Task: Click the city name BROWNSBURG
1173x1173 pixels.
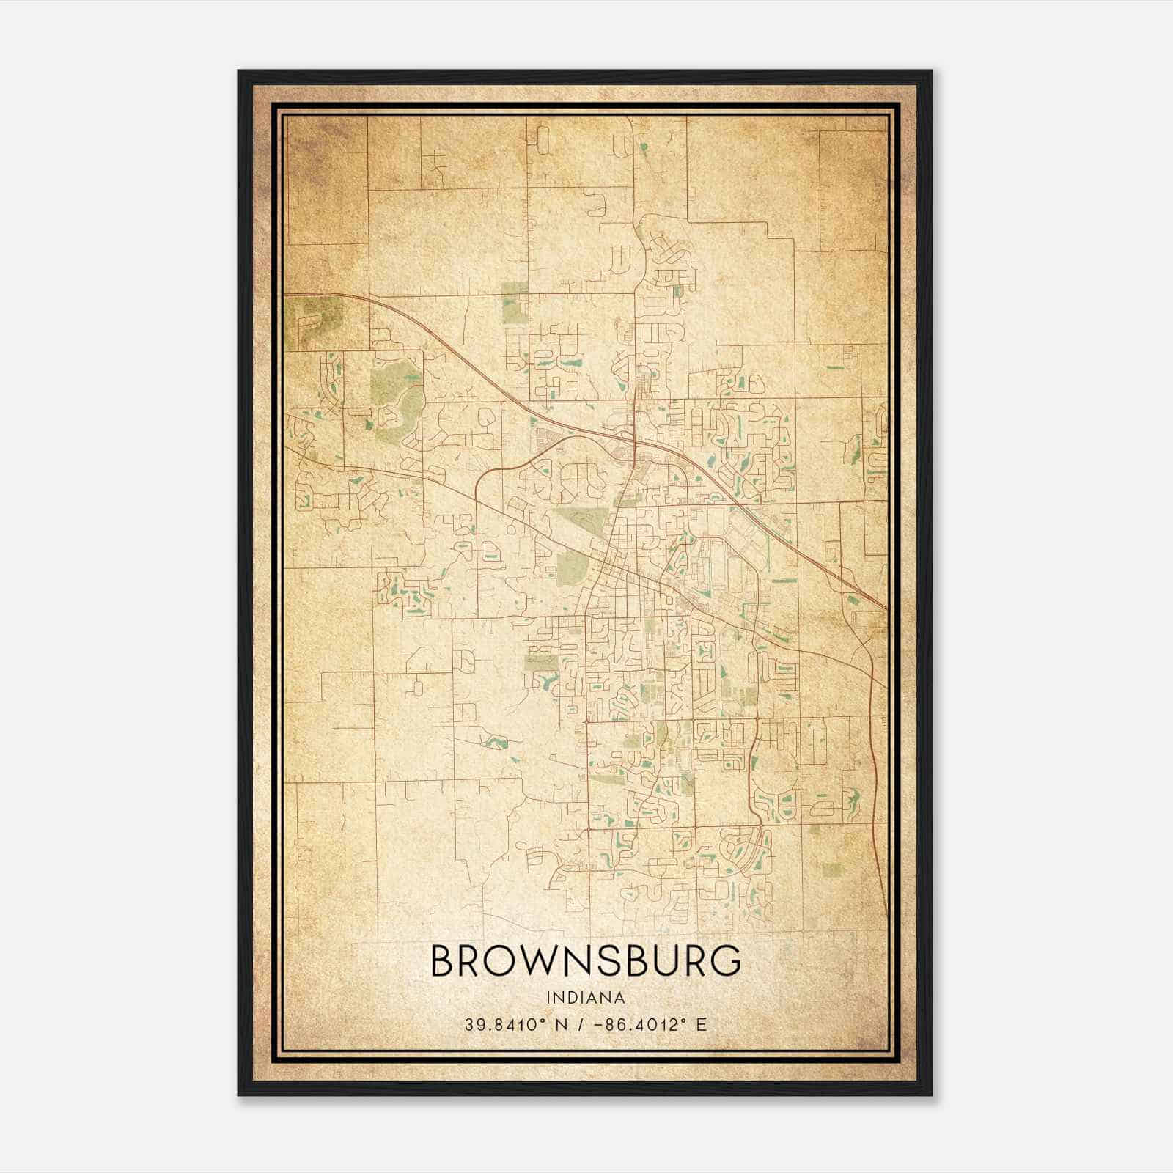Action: (585, 962)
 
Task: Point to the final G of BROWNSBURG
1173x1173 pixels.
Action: (727, 962)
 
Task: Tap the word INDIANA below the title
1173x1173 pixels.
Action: (585, 998)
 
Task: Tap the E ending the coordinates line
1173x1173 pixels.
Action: (702, 1024)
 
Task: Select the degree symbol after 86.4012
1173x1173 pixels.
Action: (683, 1020)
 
